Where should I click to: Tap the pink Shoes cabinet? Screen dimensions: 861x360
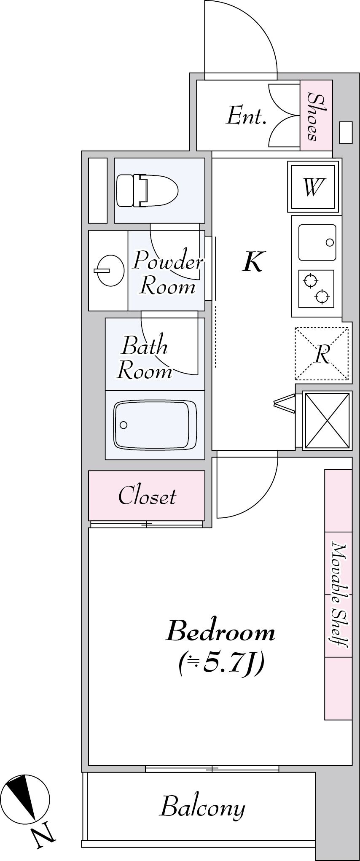point(316,116)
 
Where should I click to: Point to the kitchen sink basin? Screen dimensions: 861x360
point(317,242)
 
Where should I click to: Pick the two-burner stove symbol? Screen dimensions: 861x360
point(316,289)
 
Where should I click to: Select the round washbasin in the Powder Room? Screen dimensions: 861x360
point(108,271)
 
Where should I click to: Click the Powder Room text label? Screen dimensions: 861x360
point(167,273)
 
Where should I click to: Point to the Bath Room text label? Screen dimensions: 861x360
point(145,358)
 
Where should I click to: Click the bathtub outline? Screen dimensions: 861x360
point(155,425)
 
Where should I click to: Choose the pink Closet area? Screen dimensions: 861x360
point(147,495)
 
